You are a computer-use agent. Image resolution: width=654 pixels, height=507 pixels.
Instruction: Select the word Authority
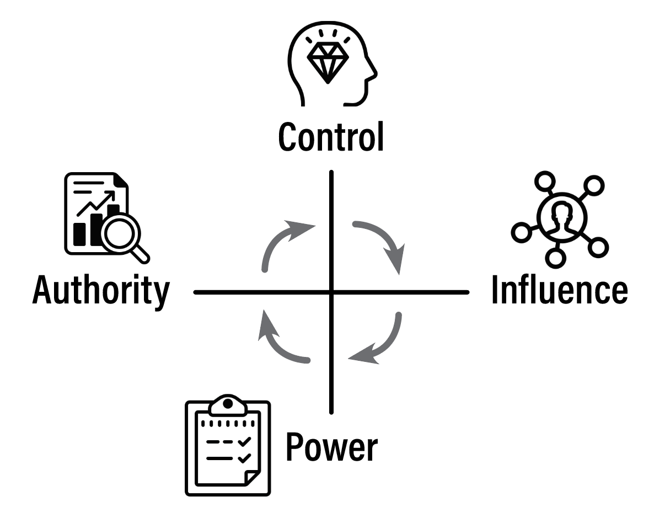[x=101, y=290]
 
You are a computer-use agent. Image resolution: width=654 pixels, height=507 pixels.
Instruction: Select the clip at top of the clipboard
[x=227, y=404]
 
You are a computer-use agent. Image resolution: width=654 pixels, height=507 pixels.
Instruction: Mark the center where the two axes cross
[x=331, y=292]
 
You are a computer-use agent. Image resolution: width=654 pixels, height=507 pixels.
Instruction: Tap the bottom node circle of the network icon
[x=556, y=256]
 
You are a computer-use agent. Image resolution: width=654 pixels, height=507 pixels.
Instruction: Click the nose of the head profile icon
[x=374, y=71]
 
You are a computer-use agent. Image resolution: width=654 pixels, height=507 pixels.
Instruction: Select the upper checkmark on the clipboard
[x=244, y=441]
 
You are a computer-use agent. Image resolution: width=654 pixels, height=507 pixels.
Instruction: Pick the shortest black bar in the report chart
[x=80, y=234]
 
